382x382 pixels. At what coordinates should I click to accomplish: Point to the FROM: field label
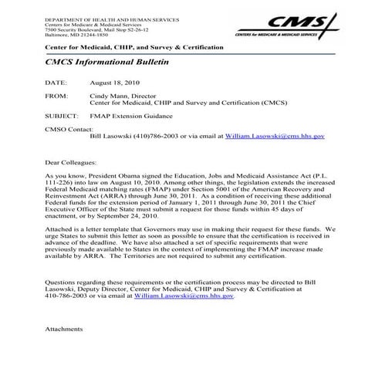[57, 96]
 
